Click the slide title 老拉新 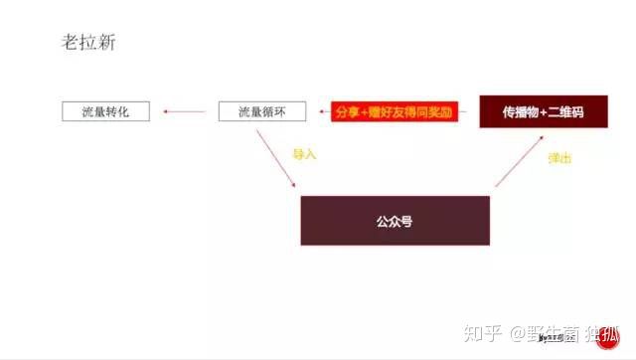pos(87,44)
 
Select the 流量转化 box pos(106,111)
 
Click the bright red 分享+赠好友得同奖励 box pos(395,111)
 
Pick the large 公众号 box pos(395,221)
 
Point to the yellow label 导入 pos(304,154)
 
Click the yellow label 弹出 pos(559,158)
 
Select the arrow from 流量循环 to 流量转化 pos(186,111)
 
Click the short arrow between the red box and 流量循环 pos(324,111)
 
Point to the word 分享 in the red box pos(349,111)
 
